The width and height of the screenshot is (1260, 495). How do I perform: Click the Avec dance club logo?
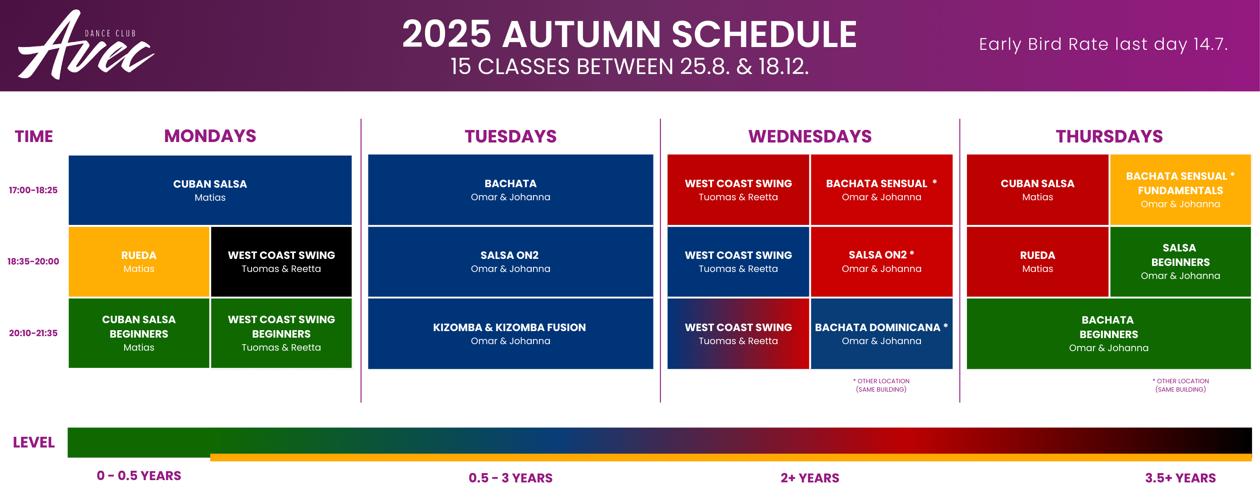86,45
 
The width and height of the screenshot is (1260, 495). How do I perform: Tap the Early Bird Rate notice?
1103,44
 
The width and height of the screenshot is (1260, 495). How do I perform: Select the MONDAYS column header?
210,136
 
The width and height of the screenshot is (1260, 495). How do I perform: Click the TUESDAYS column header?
510,136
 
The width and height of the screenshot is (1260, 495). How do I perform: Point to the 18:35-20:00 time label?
33,261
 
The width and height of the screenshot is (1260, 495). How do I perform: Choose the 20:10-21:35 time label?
33,333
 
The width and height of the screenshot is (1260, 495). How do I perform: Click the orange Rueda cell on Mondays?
139,261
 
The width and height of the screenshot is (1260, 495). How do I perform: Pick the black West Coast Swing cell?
281,261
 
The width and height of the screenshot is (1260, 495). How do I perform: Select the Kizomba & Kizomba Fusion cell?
510,333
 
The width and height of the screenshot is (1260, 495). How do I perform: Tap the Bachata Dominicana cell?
881,333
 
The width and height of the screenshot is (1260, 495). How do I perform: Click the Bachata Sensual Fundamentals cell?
1180,190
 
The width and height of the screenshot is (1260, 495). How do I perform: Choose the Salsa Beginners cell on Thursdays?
1180,261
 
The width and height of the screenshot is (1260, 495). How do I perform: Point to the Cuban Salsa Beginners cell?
139,333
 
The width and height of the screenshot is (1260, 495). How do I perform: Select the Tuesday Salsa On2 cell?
510,261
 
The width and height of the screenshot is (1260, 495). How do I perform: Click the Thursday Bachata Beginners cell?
1108,333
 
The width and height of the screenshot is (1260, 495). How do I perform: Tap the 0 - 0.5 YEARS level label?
139,475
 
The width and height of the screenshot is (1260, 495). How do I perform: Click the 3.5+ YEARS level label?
1180,478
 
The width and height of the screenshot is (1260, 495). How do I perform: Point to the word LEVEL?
34,442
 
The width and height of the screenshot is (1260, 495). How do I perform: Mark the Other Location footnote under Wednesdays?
881,385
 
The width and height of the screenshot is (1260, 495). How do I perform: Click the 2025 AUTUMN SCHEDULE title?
629,34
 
